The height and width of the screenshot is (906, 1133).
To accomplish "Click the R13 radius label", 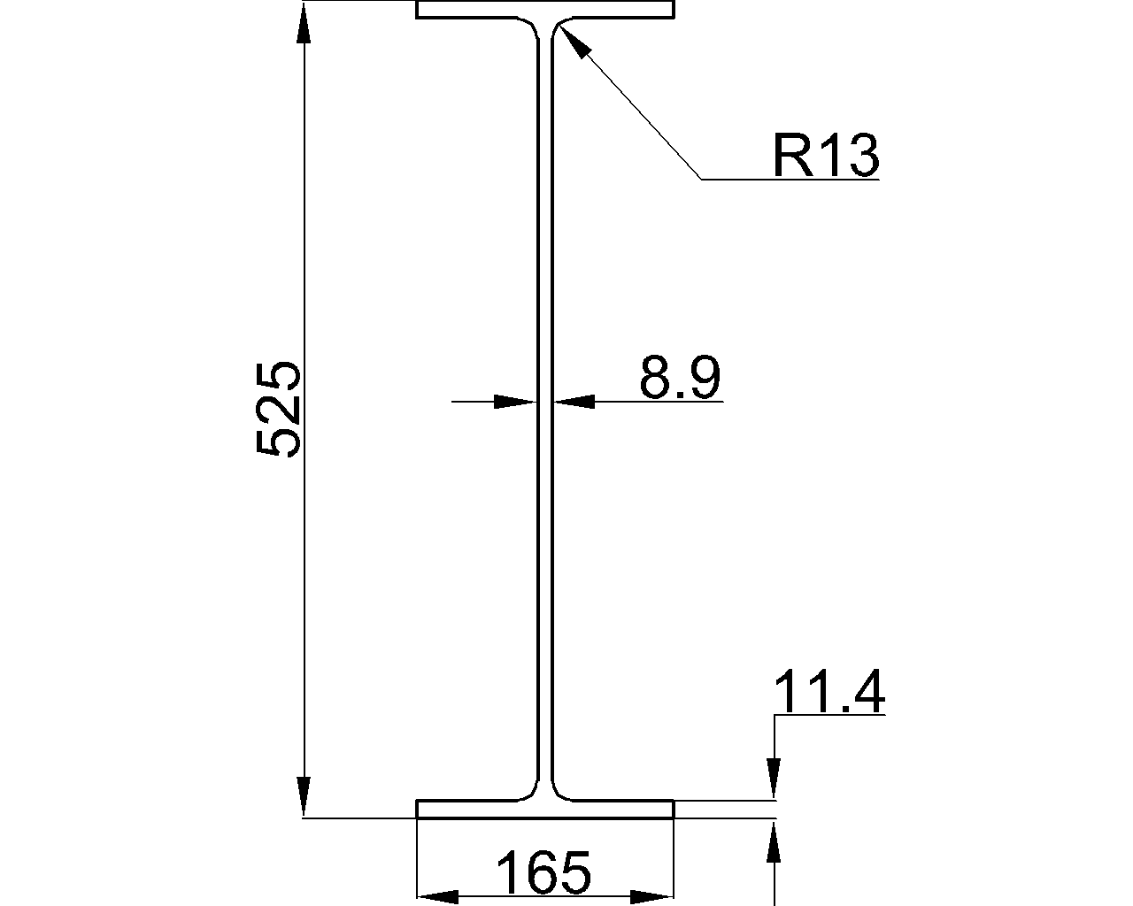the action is click(x=826, y=155).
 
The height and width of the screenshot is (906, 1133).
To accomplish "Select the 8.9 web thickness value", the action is click(x=680, y=377).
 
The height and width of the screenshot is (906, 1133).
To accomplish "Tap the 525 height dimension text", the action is click(x=277, y=409).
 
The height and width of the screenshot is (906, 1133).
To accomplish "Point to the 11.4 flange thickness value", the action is click(x=829, y=691).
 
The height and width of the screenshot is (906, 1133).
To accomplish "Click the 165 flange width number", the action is click(x=544, y=872).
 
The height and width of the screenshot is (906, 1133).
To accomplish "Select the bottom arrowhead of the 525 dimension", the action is click(x=304, y=796).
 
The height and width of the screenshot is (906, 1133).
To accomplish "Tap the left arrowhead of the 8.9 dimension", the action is click(x=515, y=403).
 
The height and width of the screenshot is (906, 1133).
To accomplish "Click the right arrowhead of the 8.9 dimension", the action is click(x=574, y=403).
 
